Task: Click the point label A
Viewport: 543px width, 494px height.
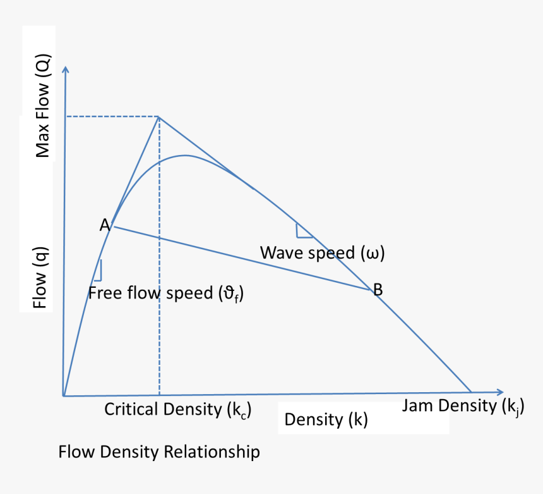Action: pos(105,225)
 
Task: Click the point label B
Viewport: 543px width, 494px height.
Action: pos(378,290)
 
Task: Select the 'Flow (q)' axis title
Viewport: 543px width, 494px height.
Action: pos(41,278)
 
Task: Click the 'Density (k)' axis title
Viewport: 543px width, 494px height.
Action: pos(326,419)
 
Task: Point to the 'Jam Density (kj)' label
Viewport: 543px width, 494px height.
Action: pos(463,405)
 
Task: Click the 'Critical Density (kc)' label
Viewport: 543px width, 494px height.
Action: pos(178,409)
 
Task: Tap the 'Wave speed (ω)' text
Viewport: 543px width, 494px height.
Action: pos(322,253)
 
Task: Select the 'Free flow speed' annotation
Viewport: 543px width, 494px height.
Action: pos(165,293)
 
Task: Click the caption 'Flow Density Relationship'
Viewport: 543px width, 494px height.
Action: pos(158,452)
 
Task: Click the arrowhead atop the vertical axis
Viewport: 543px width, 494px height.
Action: pos(65,69)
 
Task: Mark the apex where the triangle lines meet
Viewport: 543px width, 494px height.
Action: pos(158,116)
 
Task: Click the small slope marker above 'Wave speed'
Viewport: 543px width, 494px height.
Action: pos(303,232)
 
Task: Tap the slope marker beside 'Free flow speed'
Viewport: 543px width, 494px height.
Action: pos(98,270)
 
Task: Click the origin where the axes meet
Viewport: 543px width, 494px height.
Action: pos(64,396)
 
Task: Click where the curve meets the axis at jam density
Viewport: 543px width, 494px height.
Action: pos(471,392)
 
